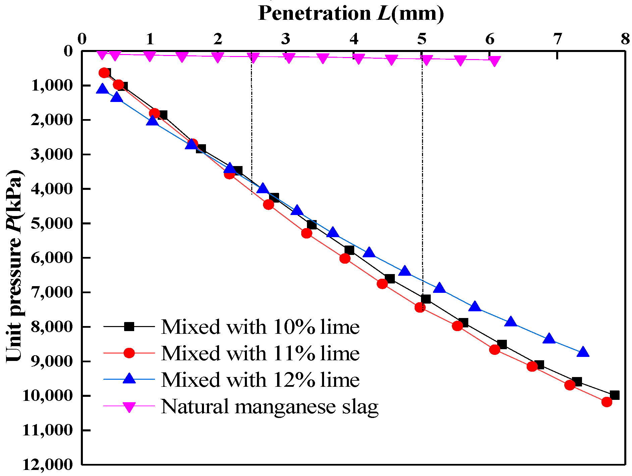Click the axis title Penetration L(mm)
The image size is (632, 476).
point(351,13)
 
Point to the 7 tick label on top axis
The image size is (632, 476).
point(557,40)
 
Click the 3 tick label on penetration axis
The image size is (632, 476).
point(285,40)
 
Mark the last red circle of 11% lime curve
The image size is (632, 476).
point(607,402)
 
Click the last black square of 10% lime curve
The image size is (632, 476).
point(615,395)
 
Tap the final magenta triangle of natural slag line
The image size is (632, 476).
point(494,61)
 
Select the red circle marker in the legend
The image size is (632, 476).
point(129,353)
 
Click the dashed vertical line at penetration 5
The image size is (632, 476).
point(422,168)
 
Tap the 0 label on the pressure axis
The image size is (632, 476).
point(68,51)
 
